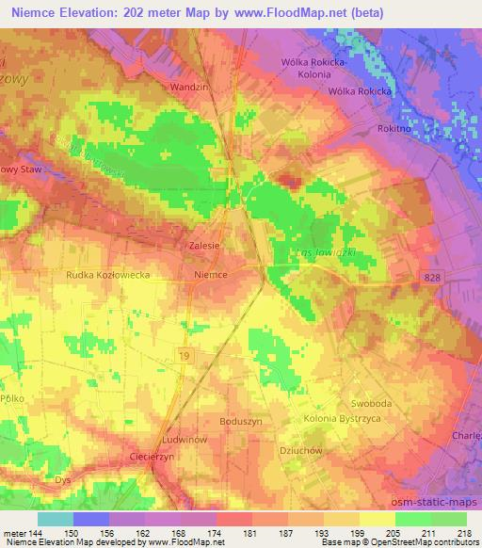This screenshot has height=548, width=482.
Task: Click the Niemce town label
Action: [x=210, y=276]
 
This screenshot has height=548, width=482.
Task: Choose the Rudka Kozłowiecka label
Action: [x=108, y=276]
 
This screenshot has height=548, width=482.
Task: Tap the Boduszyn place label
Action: [x=239, y=422]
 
